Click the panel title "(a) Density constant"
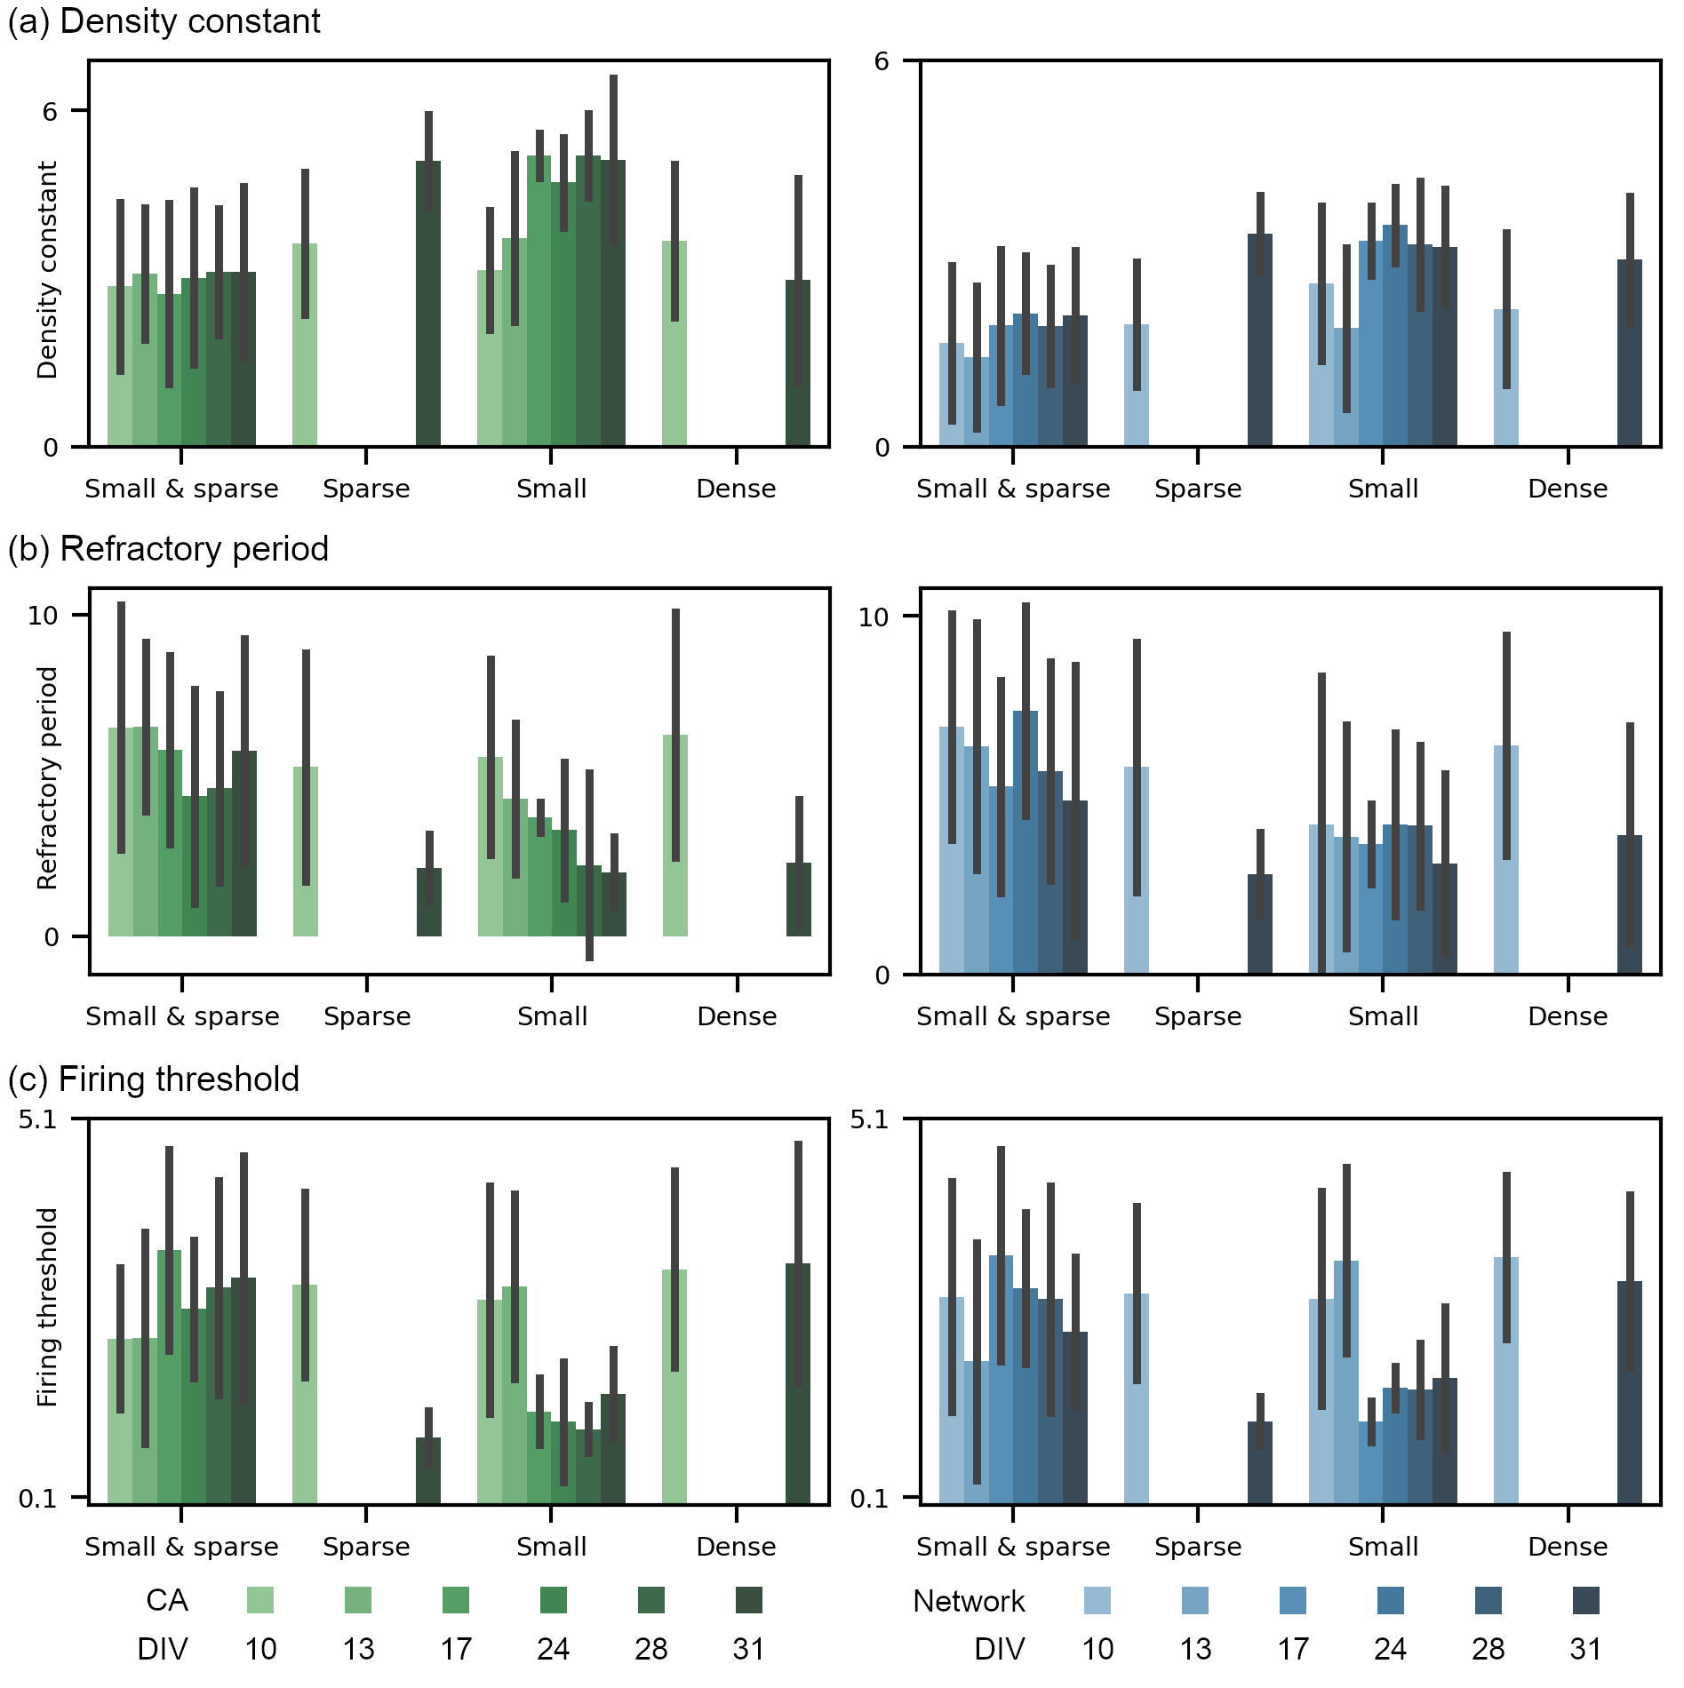(164, 21)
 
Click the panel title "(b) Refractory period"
(168, 549)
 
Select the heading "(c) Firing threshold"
(153, 1079)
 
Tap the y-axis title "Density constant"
(47, 270)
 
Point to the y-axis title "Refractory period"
(47, 778)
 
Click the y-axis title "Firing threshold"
(47, 1307)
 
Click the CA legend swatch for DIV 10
(260, 1600)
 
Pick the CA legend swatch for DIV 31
(749, 1600)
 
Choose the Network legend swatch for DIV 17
(1293, 1600)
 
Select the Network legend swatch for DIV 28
(1488, 1600)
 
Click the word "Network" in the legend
(969, 1601)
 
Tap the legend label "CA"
(167, 1600)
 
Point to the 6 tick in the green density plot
(50, 111)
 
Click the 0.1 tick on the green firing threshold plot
(37, 1499)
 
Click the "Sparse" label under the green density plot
(366, 489)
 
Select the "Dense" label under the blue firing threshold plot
(1568, 1547)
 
